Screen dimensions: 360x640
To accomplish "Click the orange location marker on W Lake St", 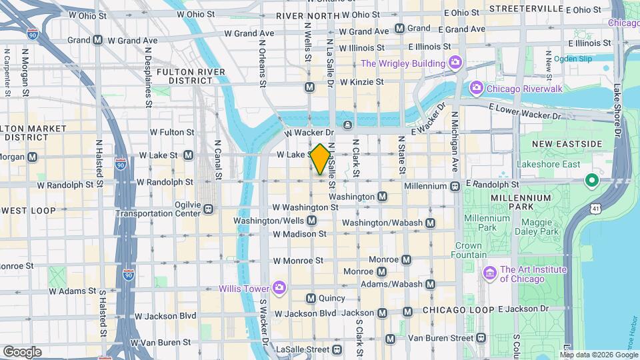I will pos(320,159).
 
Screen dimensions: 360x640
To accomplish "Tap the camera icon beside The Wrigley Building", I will pos(455,63).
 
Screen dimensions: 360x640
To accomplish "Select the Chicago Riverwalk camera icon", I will pos(476,88).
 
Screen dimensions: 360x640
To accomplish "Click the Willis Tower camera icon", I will pos(279,288).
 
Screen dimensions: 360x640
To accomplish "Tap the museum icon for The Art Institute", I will pos(490,273).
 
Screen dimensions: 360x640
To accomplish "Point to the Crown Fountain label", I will pos(468,250).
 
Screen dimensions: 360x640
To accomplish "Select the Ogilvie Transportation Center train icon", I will pos(208,209).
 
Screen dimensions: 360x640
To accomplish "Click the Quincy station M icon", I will pos(311,298).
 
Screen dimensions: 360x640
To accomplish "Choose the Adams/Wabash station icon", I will pos(430,284).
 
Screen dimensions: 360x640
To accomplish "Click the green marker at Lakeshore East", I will pos(591,181).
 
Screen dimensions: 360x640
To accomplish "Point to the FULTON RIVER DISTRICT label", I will pos(185,75).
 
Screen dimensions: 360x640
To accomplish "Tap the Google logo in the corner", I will pos(22,351).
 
